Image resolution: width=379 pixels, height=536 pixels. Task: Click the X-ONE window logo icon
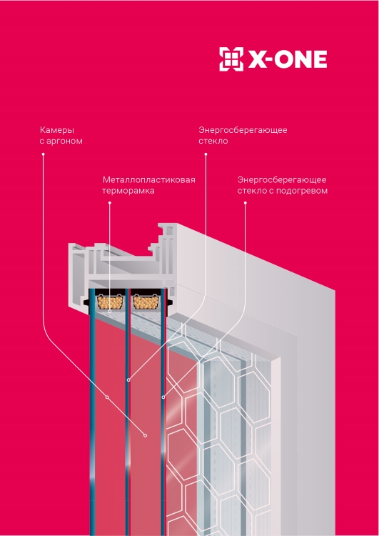pos(231,59)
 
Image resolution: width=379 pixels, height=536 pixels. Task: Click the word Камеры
pos(52,130)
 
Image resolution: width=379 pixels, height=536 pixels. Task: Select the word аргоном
pos(64,142)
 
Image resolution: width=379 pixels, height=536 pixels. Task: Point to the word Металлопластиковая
pos(149,180)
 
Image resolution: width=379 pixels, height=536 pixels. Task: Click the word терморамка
pos(128,191)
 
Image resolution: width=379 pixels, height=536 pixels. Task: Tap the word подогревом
pos(301,191)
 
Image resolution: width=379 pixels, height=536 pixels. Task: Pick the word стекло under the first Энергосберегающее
pos(213,141)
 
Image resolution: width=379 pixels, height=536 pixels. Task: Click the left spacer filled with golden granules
pos(110,302)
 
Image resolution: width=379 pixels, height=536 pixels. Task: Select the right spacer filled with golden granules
pos(146,302)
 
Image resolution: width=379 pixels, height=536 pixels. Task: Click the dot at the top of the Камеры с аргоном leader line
pos(43,154)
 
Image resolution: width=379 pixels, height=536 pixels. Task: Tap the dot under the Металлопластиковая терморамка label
pos(110,203)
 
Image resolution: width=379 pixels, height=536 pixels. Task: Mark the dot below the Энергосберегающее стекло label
pos(206,154)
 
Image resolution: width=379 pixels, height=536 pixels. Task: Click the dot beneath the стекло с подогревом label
pos(245,203)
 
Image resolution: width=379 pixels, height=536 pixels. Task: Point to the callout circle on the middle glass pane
pos(128,379)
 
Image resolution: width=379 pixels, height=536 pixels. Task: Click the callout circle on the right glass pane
pos(163,397)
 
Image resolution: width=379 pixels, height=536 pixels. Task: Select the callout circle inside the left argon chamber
pos(107,397)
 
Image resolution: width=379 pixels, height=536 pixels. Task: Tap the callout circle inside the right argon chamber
pos(145,435)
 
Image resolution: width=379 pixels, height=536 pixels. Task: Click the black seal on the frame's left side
pos(87,302)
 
